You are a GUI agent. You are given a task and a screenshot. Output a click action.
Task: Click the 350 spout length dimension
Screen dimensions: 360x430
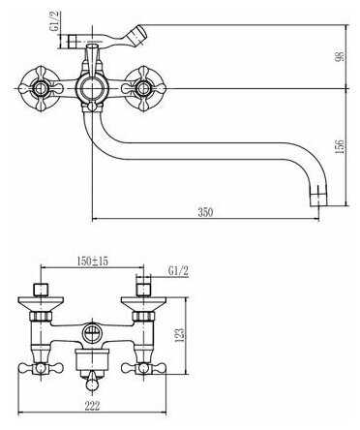205,212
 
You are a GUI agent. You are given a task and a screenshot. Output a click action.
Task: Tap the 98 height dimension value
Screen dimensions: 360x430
340,55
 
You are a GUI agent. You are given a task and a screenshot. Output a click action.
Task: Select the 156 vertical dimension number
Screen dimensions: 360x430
340,146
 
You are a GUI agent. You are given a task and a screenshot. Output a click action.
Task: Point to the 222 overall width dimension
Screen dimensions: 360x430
92,406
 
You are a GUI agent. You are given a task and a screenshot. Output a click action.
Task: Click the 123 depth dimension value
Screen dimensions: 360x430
181,335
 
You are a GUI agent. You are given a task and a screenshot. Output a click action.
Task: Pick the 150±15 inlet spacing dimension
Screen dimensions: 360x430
93,261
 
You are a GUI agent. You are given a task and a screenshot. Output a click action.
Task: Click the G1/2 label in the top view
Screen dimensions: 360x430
55,21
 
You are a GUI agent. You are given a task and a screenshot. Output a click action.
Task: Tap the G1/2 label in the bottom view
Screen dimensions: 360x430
178,271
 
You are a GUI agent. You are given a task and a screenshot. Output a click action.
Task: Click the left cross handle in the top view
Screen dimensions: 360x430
41,88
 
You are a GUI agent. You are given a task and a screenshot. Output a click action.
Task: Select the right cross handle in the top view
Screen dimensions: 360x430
143,88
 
